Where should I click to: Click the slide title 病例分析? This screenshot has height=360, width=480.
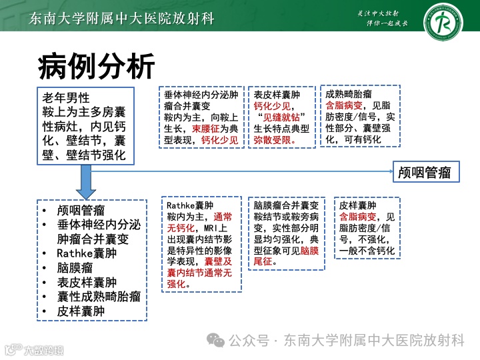coord(97,66)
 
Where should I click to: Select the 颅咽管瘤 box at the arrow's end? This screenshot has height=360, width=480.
coord(424,173)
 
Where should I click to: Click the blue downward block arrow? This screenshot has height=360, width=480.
coord(86,179)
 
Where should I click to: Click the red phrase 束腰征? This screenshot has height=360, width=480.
coord(205,129)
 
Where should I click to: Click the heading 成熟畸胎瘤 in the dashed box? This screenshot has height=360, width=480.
coord(349,94)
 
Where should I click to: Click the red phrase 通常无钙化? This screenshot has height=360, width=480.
coord(199,223)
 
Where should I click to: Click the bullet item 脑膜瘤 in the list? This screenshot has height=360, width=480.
coord(77,267)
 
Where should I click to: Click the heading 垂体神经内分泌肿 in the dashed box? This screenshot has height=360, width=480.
coord(201,95)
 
